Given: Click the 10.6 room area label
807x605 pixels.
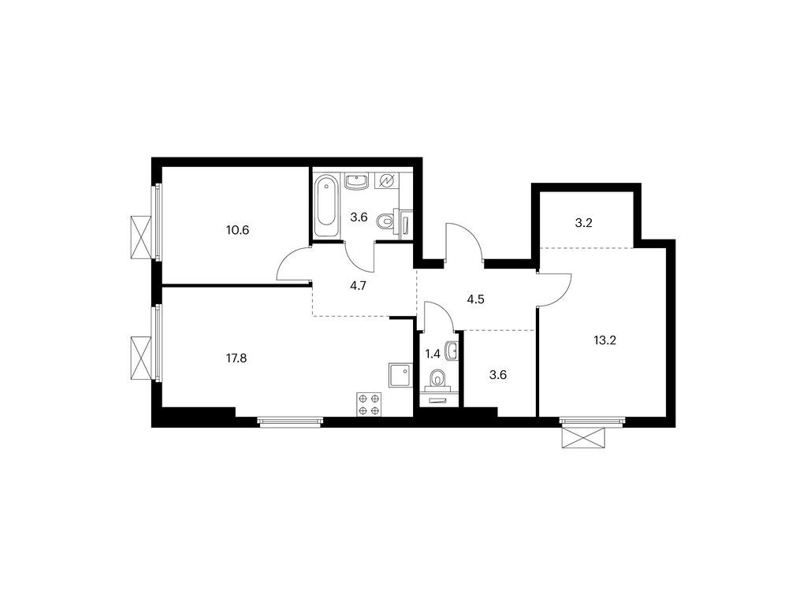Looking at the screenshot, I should (x=237, y=231).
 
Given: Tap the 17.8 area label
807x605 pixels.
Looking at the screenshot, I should (x=237, y=358).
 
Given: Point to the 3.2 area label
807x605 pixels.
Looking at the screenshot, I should (x=583, y=223).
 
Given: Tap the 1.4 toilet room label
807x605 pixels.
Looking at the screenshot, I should (x=433, y=354).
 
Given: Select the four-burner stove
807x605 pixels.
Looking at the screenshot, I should (x=369, y=404).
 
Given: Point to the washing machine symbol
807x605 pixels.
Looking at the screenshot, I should (x=386, y=182).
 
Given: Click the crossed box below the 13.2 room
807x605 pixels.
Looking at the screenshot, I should (x=583, y=436).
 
